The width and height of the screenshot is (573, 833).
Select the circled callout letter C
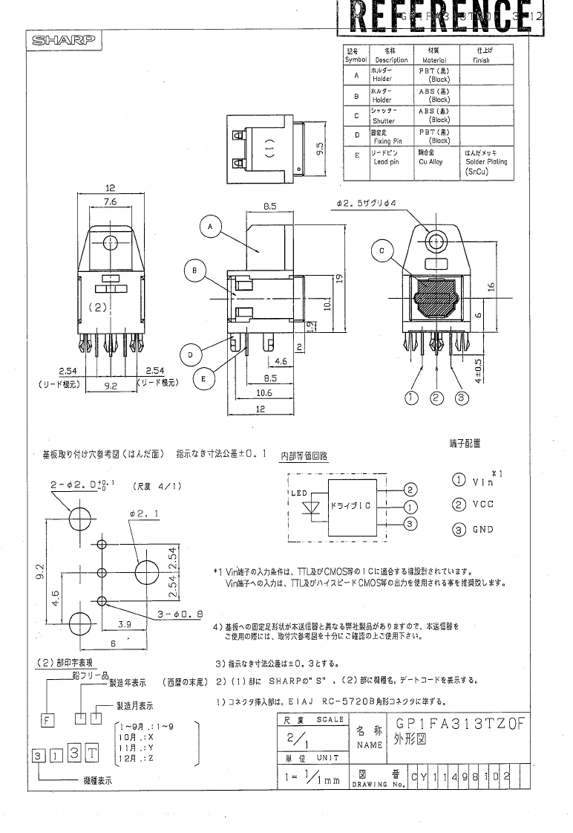pos(382,251)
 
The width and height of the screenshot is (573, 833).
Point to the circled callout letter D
pos(190,356)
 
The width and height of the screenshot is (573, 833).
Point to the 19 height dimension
pos(338,279)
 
